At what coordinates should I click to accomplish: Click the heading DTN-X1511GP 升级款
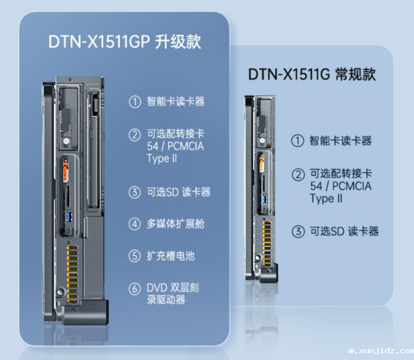tap(125, 42)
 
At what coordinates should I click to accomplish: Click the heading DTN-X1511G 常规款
tap(312, 74)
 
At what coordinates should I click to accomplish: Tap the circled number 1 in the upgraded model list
tap(135, 102)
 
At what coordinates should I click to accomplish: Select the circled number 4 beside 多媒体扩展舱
tap(135, 224)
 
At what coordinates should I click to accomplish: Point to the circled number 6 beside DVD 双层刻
tap(135, 289)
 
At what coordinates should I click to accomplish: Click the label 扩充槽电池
tap(171, 256)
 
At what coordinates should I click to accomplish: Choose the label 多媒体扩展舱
tap(176, 224)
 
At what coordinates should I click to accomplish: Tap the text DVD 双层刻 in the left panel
tap(173, 288)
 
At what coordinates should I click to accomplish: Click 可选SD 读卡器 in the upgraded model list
tap(178, 192)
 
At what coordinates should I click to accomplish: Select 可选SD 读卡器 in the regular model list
tap(344, 231)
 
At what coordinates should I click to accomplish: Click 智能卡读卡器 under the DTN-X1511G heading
tap(340, 141)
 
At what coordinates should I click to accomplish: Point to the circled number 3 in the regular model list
tap(298, 232)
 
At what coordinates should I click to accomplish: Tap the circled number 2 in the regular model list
tap(298, 175)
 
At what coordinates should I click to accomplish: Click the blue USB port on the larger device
tap(69, 217)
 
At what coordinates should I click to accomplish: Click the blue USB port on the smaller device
tap(265, 199)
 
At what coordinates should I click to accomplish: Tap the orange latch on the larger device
tap(65, 172)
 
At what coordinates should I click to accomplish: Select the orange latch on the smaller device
tap(262, 163)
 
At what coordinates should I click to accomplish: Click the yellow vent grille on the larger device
tap(72, 275)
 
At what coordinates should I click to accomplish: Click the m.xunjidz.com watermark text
tap(381, 351)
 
